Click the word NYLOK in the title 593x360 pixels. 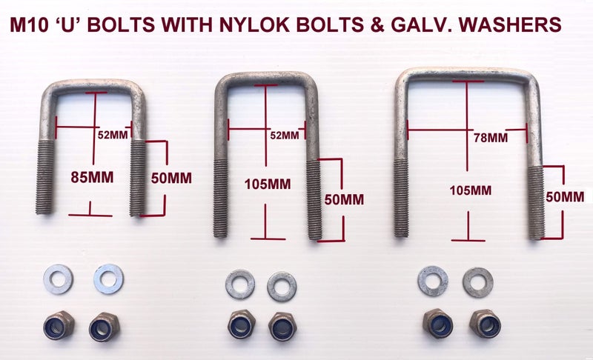[254, 24]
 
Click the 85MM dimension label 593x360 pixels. [92, 177]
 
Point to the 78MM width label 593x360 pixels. [491, 138]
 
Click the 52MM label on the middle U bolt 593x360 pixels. [285, 135]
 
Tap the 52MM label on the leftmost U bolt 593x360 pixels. [113, 135]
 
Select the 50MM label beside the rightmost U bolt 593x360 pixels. [565, 196]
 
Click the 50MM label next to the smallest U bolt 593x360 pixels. [171, 178]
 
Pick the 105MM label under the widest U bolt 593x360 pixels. [471, 190]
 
